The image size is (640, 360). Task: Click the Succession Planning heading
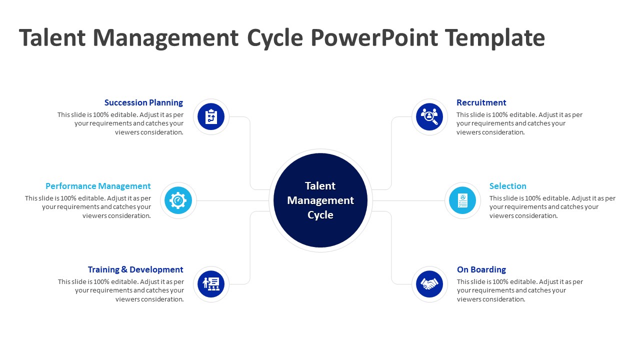[143, 102]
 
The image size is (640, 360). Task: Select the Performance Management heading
[98, 186]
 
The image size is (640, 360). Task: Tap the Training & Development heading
[135, 269]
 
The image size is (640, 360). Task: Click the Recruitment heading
[481, 102]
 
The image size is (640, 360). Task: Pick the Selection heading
[507, 186]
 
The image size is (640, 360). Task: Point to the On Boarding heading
[481, 269]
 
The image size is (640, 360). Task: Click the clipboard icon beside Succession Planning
[211, 117]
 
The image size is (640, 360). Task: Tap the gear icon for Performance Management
[178, 200]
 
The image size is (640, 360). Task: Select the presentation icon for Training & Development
[211, 284]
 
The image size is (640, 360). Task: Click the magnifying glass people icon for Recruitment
[429, 117]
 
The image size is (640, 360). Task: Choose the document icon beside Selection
[462, 200]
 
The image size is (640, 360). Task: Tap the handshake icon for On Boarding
[429, 284]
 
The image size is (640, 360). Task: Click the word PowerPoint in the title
[373, 38]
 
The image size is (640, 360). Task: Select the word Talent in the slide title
[52, 38]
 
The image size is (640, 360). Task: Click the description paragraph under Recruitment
[519, 123]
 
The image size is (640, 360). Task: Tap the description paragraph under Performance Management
[88, 207]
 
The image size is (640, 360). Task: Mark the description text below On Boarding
[519, 290]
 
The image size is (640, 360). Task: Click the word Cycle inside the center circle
[320, 215]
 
